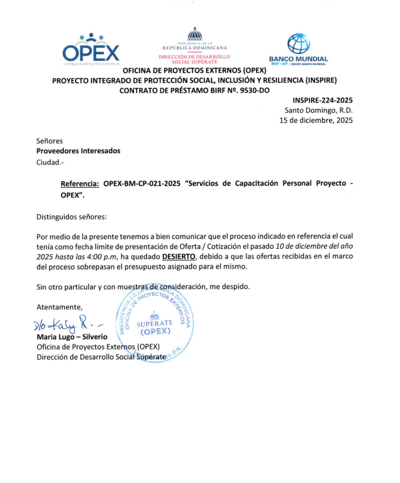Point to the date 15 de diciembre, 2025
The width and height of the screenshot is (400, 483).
click(316, 121)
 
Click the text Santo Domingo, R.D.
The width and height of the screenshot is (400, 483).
click(319, 110)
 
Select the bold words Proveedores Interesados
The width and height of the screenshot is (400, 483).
click(78, 151)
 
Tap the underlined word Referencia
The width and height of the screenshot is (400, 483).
click(80, 184)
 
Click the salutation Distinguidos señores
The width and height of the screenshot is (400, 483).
click(71, 216)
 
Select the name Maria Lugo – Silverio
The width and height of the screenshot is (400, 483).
click(72, 337)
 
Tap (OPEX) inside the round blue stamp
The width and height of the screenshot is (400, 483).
click(154, 332)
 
